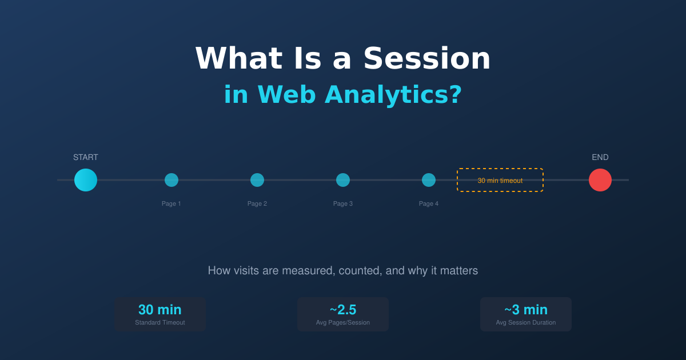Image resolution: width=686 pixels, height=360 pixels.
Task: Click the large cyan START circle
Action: click(x=86, y=180)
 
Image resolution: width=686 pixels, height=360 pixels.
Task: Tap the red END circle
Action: click(x=600, y=180)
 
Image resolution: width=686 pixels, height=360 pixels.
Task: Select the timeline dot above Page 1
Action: click(x=171, y=180)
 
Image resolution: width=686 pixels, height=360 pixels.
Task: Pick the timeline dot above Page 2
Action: click(x=257, y=180)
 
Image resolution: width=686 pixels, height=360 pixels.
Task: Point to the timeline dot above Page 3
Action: click(x=343, y=180)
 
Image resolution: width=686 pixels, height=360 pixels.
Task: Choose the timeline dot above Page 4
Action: click(x=429, y=180)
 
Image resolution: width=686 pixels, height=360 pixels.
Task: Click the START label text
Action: click(x=86, y=157)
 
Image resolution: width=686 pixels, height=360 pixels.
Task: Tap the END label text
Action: click(x=600, y=157)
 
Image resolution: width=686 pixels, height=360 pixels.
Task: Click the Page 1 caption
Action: click(x=171, y=203)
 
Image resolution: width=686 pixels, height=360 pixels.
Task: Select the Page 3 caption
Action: click(x=343, y=203)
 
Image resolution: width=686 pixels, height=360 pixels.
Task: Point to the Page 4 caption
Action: click(x=429, y=203)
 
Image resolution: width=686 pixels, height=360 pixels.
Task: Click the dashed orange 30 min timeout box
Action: click(x=500, y=180)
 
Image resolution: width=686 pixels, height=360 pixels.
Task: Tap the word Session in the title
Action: click(x=426, y=58)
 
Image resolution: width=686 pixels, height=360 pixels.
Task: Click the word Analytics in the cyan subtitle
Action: click(x=393, y=95)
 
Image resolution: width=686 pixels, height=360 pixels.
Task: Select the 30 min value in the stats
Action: click(x=160, y=310)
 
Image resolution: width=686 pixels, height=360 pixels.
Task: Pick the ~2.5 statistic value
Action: click(x=343, y=310)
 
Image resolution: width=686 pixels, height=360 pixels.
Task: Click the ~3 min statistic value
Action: click(x=526, y=310)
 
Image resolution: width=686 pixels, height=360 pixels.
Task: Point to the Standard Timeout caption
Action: click(x=160, y=322)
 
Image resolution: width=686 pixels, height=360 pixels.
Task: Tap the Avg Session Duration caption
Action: click(x=526, y=322)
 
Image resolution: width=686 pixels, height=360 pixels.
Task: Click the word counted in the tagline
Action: click(x=360, y=271)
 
